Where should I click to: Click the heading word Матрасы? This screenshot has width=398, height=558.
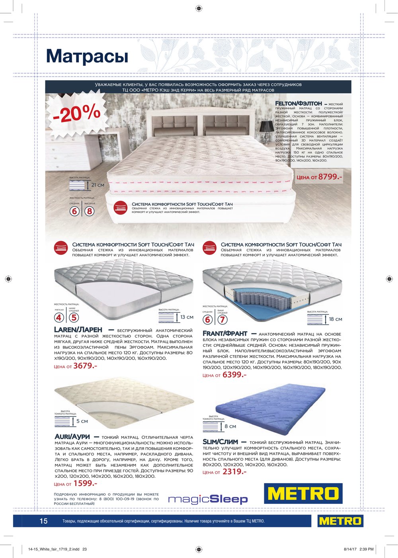pyautogui.click(x=87, y=56)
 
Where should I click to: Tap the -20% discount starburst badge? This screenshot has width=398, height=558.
pyautogui.click(x=76, y=114)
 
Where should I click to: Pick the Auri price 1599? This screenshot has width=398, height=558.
pyautogui.click(x=85, y=483)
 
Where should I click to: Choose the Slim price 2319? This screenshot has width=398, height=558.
pyautogui.click(x=234, y=472)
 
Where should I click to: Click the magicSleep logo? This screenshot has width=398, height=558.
pyautogui.click(x=208, y=499)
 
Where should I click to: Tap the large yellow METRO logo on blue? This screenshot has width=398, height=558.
pyautogui.click(x=303, y=493)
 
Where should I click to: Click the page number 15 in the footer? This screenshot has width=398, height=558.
pyautogui.click(x=43, y=521)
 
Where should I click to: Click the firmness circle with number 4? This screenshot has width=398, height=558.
pyautogui.click(x=59, y=318)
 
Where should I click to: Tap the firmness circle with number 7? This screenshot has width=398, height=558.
pyautogui.click(x=222, y=319)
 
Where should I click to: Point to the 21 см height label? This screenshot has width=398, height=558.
pyautogui.click(x=98, y=185)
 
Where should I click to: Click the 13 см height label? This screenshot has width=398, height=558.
pyautogui.click(x=187, y=317)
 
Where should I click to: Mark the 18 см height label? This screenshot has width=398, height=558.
pyautogui.click(x=336, y=319)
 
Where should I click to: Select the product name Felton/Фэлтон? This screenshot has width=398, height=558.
pyautogui.click(x=298, y=104)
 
